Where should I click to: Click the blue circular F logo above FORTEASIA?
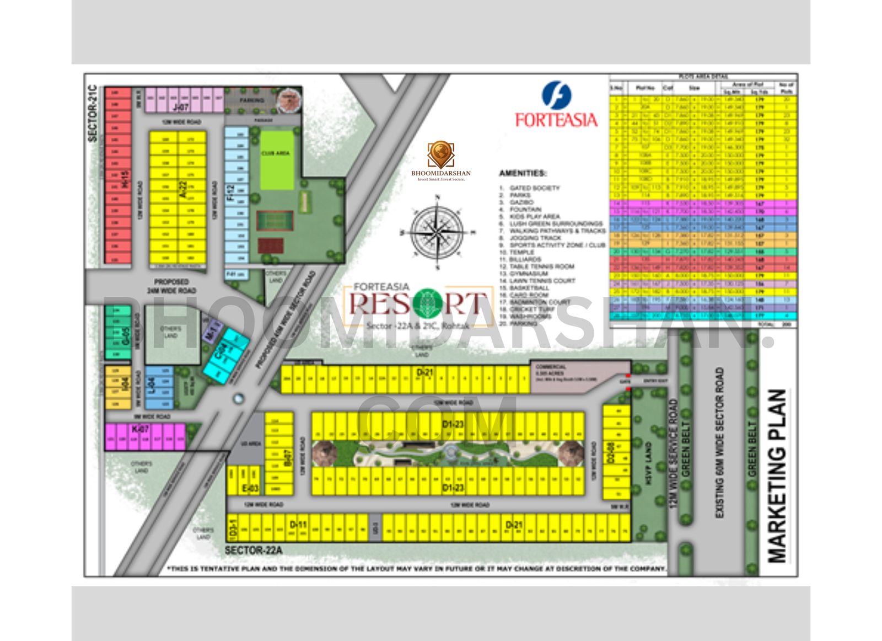point(556,95)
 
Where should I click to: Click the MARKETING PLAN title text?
point(777,476)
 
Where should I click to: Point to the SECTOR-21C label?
point(93,113)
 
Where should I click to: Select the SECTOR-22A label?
point(254,550)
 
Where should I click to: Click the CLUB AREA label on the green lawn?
point(276,153)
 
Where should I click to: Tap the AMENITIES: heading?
point(523,173)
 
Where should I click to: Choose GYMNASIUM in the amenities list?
point(528,274)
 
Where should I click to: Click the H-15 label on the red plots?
point(125,180)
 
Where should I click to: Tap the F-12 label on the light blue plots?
point(230,193)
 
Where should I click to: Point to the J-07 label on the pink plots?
point(181,107)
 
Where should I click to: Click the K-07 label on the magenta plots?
point(140,429)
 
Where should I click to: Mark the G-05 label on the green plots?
point(126,335)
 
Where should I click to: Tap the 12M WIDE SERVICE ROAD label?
point(673,453)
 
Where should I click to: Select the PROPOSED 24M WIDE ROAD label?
point(171,286)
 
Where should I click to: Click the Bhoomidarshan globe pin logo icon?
point(441,154)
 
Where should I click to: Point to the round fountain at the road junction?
point(238,398)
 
